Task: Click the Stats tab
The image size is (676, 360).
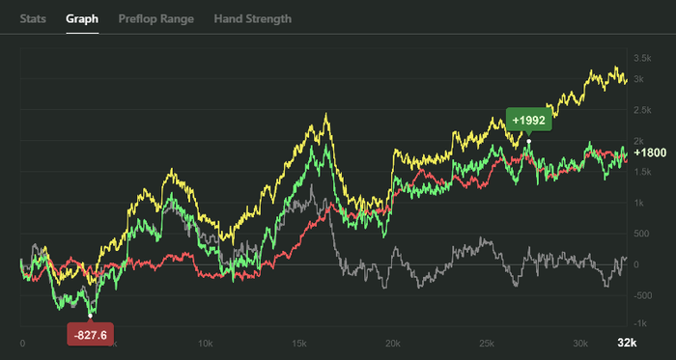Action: click(x=33, y=19)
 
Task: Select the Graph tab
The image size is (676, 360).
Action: click(x=82, y=19)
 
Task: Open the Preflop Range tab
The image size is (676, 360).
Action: click(x=156, y=19)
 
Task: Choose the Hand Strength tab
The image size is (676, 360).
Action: click(x=253, y=19)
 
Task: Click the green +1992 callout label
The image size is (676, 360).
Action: click(x=528, y=120)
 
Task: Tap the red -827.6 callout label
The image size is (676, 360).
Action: click(x=90, y=335)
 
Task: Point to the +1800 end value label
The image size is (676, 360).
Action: click(x=651, y=152)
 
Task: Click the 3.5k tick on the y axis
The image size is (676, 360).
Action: click(x=642, y=58)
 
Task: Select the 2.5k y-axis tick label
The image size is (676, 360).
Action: click(x=642, y=110)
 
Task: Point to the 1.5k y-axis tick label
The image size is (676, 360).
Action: click(x=642, y=172)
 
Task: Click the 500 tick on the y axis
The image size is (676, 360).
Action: click(x=640, y=234)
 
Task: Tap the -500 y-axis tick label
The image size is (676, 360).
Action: click(x=642, y=296)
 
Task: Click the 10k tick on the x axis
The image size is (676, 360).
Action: click(x=205, y=344)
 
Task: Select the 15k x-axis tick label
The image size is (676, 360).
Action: click(x=299, y=344)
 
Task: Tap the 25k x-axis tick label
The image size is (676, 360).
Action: click(x=487, y=344)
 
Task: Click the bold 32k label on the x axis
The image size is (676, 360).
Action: click(x=627, y=343)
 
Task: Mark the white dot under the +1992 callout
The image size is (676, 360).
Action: click(x=529, y=141)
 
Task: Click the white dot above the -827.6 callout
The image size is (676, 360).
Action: click(x=90, y=316)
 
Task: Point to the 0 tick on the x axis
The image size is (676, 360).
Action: click(x=22, y=344)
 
